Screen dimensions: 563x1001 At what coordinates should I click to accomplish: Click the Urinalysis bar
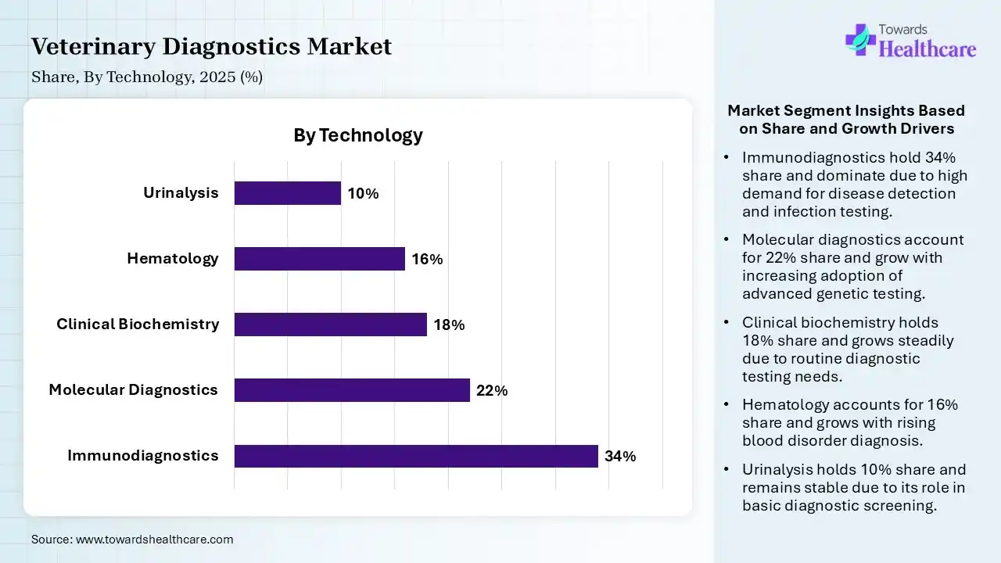[x=288, y=193]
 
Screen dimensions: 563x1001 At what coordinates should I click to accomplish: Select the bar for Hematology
[x=320, y=259]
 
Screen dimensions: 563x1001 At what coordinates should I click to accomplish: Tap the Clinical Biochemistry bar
[x=331, y=325]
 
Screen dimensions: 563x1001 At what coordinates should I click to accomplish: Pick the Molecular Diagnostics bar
[x=352, y=390]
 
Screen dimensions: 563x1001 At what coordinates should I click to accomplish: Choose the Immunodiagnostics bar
[x=416, y=456]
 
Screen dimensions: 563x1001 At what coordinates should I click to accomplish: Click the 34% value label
[x=620, y=457]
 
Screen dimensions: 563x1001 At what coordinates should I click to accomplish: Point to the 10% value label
[x=363, y=194]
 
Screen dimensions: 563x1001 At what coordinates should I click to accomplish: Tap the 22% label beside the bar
[x=492, y=391]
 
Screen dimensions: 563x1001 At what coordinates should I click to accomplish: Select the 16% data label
[x=427, y=260]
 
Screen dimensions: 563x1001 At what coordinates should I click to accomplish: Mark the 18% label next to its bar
[x=449, y=325]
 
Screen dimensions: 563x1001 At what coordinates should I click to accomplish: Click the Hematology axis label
[x=173, y=258]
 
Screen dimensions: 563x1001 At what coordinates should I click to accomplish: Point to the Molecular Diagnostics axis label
[x=134, y=389]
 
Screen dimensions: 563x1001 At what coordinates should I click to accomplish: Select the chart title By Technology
[x=358, y=135]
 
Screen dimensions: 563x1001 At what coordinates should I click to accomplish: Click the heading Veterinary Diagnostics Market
[x=211, y=47]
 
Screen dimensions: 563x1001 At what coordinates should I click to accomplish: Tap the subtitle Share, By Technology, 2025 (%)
[x=147, y=77]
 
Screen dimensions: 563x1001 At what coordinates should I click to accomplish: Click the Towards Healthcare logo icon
[x=860, y=39]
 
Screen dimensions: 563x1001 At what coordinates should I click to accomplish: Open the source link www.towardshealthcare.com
[x=155, y=540]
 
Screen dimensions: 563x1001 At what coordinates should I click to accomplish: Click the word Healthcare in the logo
[x=927, y=49]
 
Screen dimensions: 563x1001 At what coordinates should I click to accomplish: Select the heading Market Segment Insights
[x=846, y=120]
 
